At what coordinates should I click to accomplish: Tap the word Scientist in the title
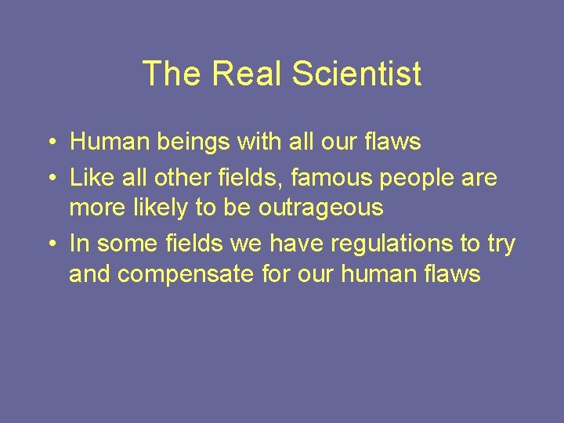point(356,74)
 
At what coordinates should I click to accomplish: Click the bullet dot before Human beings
point(49,143)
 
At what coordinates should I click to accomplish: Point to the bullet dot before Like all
point(49,178)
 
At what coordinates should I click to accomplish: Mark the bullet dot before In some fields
point(49,244)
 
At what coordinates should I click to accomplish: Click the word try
point(501,244)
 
